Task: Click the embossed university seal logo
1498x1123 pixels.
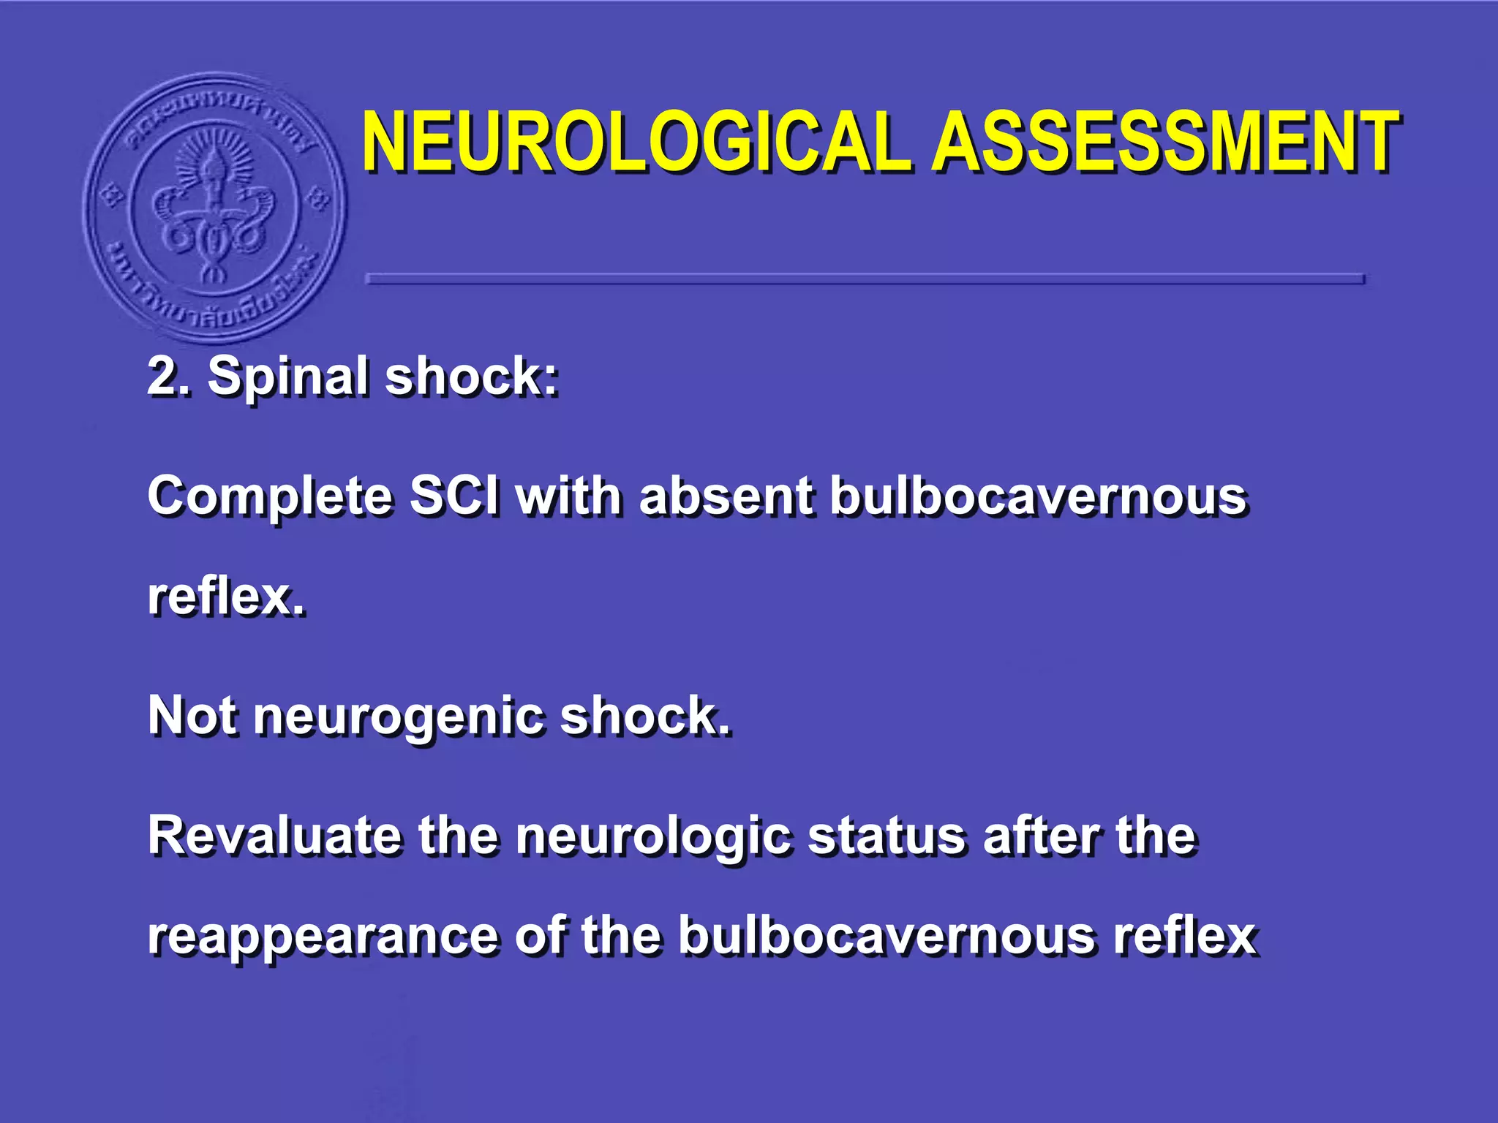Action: tap(215, 208)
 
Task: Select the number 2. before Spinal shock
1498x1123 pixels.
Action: tap(169, 377)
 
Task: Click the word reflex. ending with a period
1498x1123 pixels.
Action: tap(226, 597)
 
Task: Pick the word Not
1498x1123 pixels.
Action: tap(192, 715)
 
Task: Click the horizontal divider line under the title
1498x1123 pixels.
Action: tap(865, 279)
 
